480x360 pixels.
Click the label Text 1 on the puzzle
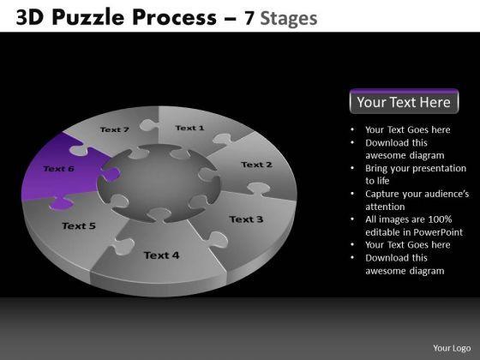point(189,128)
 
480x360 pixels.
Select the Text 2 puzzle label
point(256,165)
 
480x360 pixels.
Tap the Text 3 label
point(246,219)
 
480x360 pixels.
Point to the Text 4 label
point(161,255)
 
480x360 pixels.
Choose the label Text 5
point(79,226)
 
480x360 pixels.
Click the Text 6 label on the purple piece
point(59,169)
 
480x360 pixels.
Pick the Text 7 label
point(115,129)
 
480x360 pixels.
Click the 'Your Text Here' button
point(404,101)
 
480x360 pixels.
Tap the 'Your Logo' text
point(452,348)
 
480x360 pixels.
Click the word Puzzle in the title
point(87,17)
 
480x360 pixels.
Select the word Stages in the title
point(289,19)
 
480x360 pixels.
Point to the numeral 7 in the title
point(249,18)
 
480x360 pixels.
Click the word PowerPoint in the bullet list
point(438,232)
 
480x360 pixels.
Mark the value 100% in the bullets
point(440,219)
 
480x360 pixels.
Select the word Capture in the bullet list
point(382,194)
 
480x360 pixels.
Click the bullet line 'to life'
point(377,181)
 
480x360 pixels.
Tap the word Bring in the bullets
point(375,168)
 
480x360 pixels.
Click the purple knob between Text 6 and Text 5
point(61,204)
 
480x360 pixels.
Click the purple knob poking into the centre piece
point(111,175)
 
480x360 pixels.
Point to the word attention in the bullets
point(385,207)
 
